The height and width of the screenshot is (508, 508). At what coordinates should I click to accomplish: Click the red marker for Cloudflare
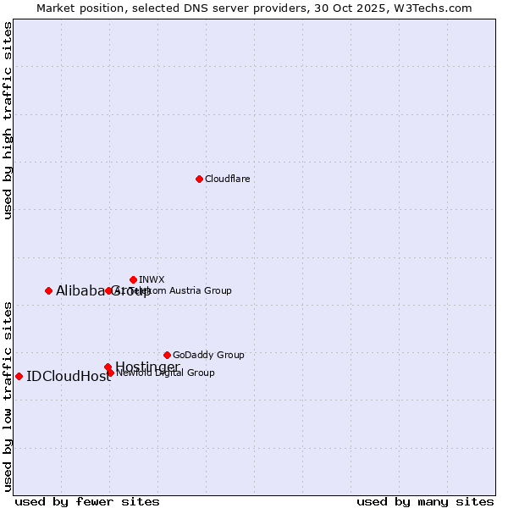[199, 179]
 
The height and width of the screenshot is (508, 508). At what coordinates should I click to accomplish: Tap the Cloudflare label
[227, 179]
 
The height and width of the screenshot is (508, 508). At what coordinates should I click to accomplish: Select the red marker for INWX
[133, 279]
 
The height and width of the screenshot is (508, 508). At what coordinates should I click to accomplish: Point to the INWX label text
[152, 279]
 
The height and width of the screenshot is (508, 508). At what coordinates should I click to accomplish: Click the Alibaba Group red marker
[48, 290]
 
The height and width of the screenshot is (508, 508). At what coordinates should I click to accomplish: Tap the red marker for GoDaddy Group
[167, 355]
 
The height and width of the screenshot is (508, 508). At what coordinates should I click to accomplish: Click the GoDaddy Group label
[208, 355]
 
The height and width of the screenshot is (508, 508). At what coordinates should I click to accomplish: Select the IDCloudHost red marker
[19, 376]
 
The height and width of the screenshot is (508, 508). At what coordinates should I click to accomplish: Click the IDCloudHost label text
[69, 377]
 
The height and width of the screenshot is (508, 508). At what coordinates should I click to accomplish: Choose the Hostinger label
[147, 367]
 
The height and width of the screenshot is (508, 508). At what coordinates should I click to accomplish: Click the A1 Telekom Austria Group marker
[108, 290]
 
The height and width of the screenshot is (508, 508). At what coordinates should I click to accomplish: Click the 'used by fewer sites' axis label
[87, 502]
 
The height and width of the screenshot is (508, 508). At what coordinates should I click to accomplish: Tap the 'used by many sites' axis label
[425, 502]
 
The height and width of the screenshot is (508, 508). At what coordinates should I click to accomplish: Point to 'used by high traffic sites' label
[8, 120]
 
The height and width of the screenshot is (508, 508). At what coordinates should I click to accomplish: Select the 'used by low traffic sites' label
[8, 395]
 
